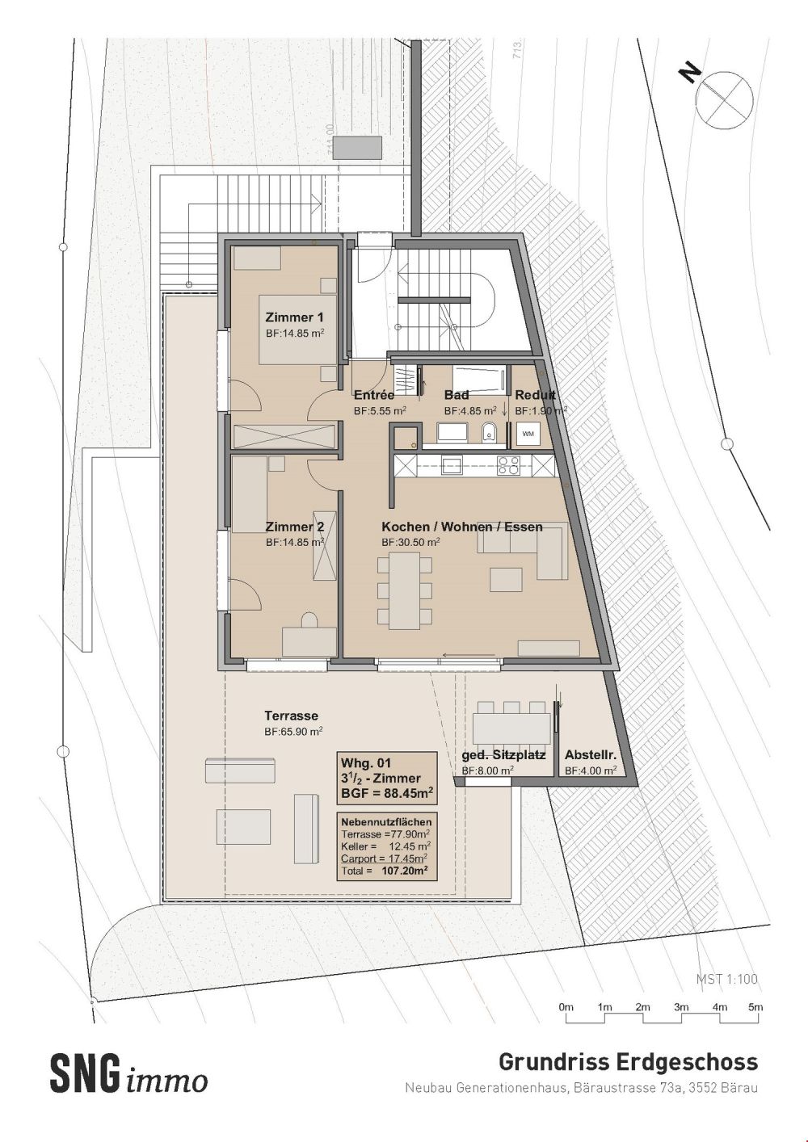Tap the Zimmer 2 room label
coord(295,527)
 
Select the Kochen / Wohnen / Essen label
coord(461,527)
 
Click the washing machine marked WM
coord(528,434)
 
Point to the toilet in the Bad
coord(488,433)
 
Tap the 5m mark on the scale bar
coord(755,1007)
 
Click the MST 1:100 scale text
coord(727,979)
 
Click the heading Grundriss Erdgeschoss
coord(628,1061)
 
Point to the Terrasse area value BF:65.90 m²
coord(294,731)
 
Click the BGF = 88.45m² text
coord(387,793)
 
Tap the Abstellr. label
coord(591,755)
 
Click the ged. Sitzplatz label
coord(503,755)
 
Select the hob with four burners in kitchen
coord(508,465)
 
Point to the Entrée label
coord(374,396)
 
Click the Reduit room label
coord(535,396)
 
